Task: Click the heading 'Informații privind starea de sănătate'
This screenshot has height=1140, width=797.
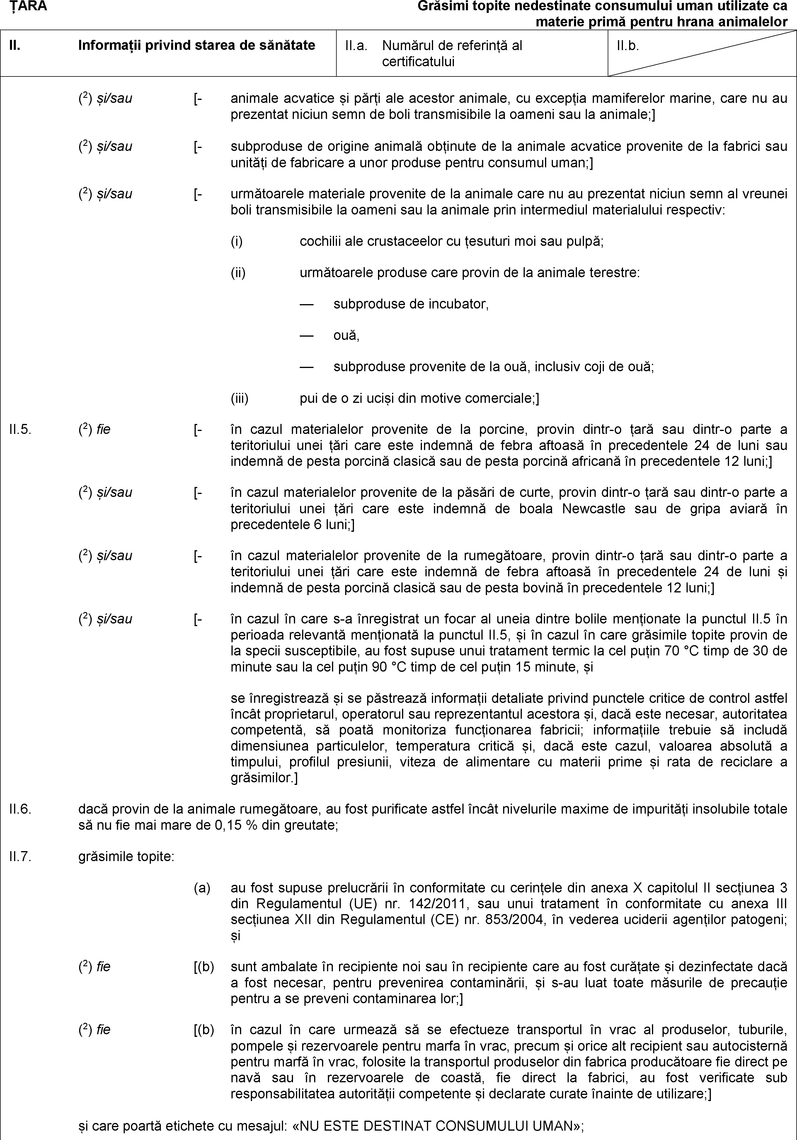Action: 197,46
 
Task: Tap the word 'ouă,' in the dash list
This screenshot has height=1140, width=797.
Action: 346,336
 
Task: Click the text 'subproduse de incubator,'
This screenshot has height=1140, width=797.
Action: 411,304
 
